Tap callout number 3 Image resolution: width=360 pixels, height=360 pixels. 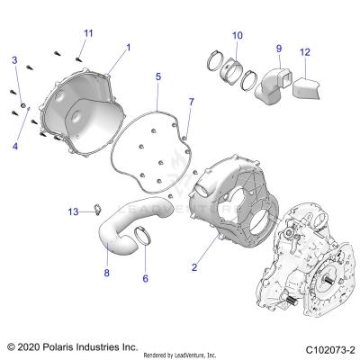14,59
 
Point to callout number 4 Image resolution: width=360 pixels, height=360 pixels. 14,144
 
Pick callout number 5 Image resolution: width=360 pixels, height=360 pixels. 158,77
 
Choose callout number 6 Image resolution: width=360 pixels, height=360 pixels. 145,280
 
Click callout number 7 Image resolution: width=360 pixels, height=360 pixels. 190,101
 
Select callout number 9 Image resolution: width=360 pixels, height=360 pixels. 279,48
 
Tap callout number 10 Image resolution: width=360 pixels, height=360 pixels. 237,36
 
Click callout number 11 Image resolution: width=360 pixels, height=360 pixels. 87,33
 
